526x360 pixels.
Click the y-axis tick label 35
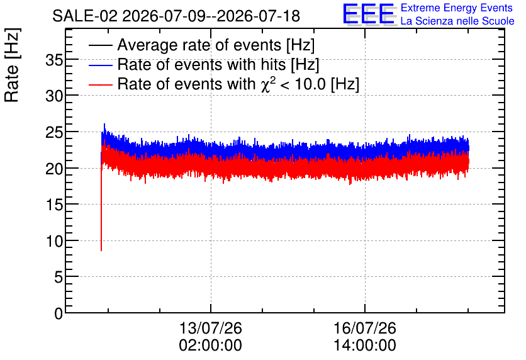(x=54, y=60)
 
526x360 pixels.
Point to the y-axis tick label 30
(x=54, y=96)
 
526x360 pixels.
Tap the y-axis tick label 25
(x=54, y=133)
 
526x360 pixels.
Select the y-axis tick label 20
(x=54, y=169)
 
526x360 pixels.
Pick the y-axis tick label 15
(x=54, y=205)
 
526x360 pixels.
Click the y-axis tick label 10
(x=54, y=241)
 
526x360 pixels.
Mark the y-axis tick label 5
(x=59, y=278)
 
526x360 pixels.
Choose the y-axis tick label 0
(x=59, y=313)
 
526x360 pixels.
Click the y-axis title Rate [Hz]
(x=12, y=65)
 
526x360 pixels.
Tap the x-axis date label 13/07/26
(x=210, y=328)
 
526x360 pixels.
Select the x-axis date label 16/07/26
(x=365, y=328)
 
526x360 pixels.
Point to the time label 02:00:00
(x=210, y=346)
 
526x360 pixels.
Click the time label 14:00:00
(x=365, y=346)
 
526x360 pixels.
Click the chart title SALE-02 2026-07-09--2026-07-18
(x=176, y=16)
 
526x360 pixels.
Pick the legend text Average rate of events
(x=199, y=45)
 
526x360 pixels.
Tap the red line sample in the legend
(x=101, y=85)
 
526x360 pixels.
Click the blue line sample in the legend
(x=101, y=65)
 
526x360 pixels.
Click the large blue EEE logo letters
(x=369, y=14)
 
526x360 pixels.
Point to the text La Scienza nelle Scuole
(x=457, y=21)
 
